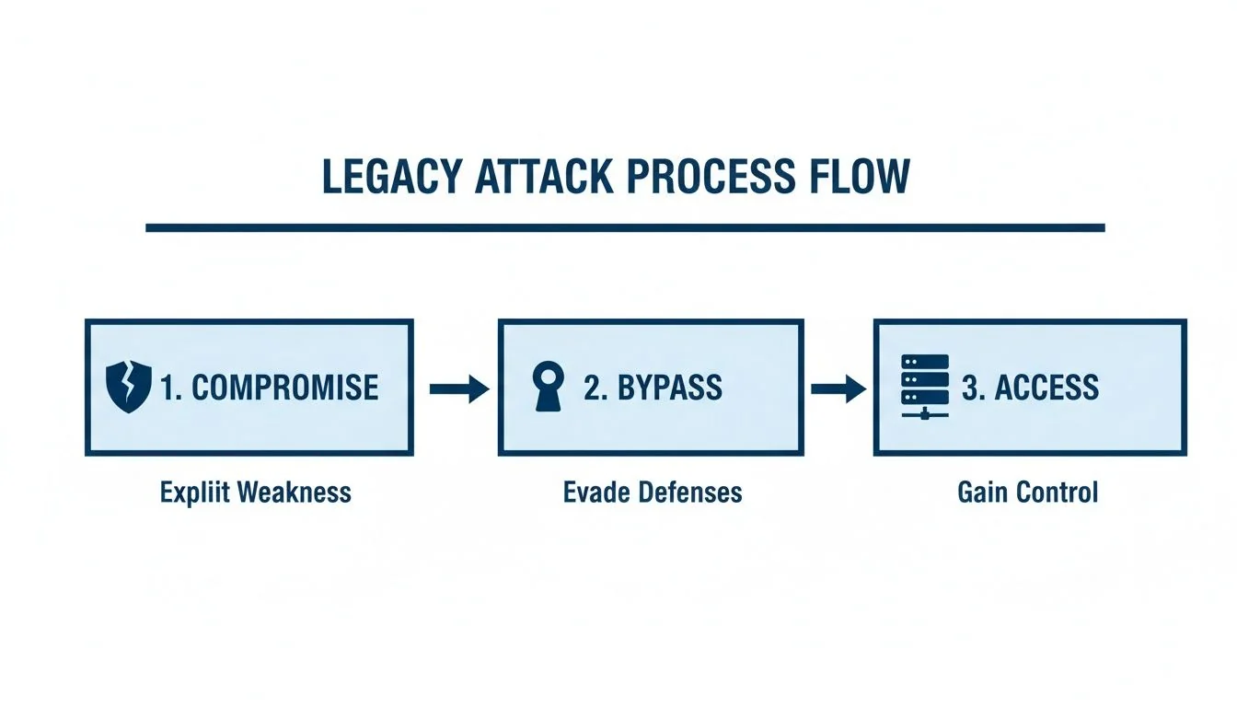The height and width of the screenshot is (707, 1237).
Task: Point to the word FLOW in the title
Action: tap(861, 177)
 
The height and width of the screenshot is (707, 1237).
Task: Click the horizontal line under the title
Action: tap(625, 226)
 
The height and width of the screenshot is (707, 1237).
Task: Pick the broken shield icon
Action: tap(129, 387)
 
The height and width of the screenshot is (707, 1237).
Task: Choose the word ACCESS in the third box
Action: tap(1046, 388)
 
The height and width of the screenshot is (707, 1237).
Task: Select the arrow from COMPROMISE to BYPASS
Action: tap(458, 389)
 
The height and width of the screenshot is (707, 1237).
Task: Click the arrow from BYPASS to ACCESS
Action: tap(838, 389)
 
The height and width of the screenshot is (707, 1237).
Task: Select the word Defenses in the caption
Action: tap(690, 493)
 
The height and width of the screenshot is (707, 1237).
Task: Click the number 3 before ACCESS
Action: tap(970, 388)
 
